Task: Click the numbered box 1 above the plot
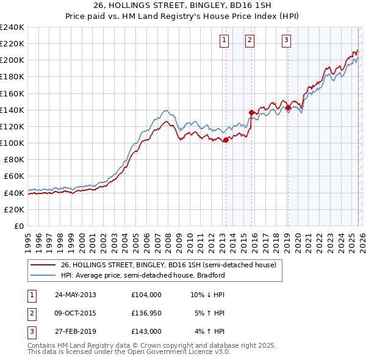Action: (224, 41)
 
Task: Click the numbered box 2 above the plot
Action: (250, 41)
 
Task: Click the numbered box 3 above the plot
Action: (286, 41)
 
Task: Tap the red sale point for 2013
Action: (226, 140)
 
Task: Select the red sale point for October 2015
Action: (251, 112)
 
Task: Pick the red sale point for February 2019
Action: (287, 107)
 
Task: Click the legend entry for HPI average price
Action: (143, 275)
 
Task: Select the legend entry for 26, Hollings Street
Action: (168, 265)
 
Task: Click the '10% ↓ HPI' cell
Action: (207, 295)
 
